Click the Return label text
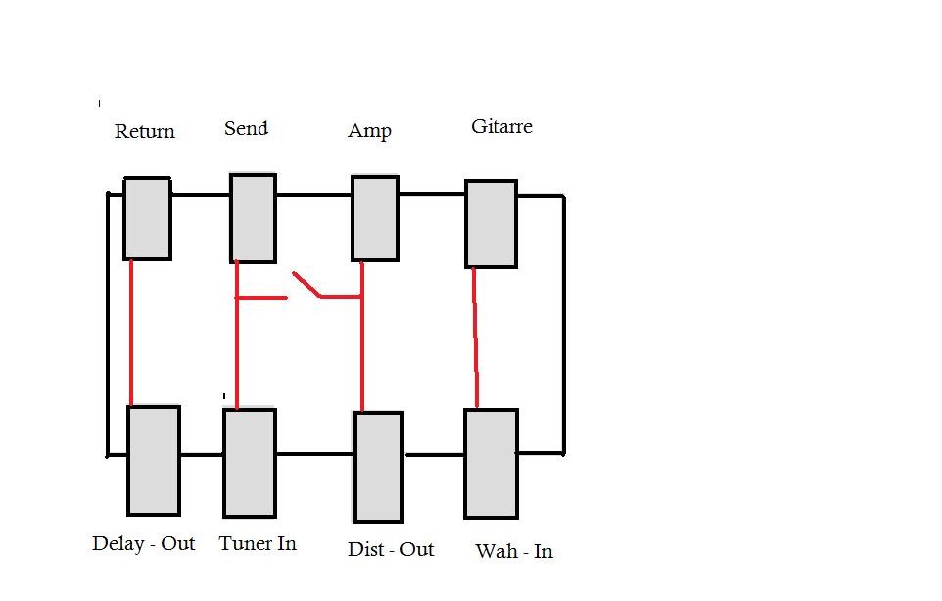tap(145, 131)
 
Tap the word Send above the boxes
tap(247, 128)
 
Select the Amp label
tap(369, 131)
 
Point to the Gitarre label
tap(501, 126)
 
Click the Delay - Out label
tap(144, 544)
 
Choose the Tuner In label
tap(258, 544)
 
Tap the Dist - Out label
tap(391, 549)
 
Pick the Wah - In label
tap(514, 551)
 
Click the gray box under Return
tap(147, 218)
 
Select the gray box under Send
tap(253, 218)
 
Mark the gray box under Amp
tap(375, 218)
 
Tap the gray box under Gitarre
tap(491, 224)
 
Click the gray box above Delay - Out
tap(154, 460)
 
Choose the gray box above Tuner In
tap(250, 463)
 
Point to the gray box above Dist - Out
tap(379, 467)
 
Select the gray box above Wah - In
tap(491, 464)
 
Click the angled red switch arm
tap(306, 285)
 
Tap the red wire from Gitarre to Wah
tap(475, 338)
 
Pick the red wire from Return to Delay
tap(131, 333)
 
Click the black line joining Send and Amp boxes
tap(313, 195)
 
